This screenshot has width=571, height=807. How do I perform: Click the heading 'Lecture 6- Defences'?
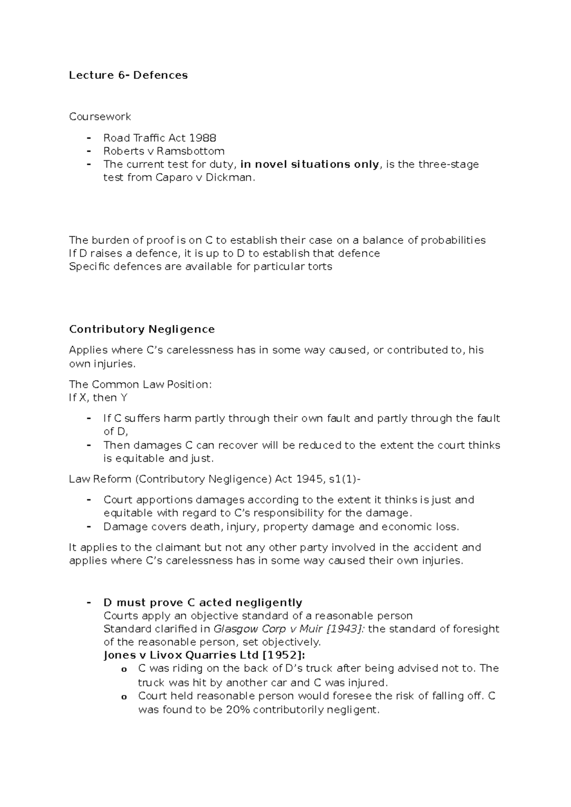pyautogui.click(x=128, y=75)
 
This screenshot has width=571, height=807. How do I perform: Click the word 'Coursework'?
pyautogui.click(x=100, y=116)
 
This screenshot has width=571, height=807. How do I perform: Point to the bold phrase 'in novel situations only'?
pyautogui.click(x=310, y=164)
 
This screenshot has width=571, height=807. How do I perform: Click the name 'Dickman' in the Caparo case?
pyautogui.click(x=227, y=178)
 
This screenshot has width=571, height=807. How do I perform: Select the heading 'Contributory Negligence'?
pyautogui.click(x=142, y=329)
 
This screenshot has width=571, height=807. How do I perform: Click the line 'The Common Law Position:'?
pyautogui.click(x=140, y=384)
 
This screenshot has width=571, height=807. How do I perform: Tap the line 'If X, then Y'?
pyautogui.click(x=98, y=397)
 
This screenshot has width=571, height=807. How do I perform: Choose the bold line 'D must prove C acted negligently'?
pyautogui.click(x=203, y=603)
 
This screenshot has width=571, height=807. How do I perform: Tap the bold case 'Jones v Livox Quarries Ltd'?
pyautogui.click(x=181, y=655)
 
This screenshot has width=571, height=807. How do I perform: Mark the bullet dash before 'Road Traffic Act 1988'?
pyautogui.click(x=89, y=138)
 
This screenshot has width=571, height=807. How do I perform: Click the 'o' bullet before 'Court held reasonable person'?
pyautogui.click(x=124, y=697)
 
